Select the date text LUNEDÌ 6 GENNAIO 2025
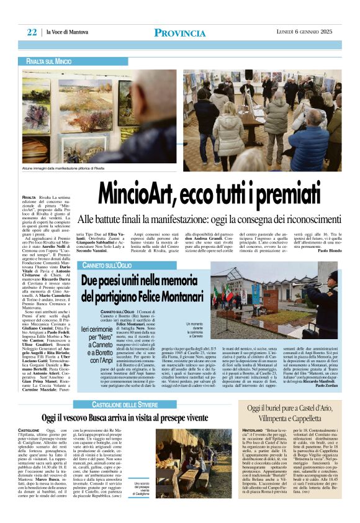pos(305,32)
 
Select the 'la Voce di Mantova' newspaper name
pos(64,32)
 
